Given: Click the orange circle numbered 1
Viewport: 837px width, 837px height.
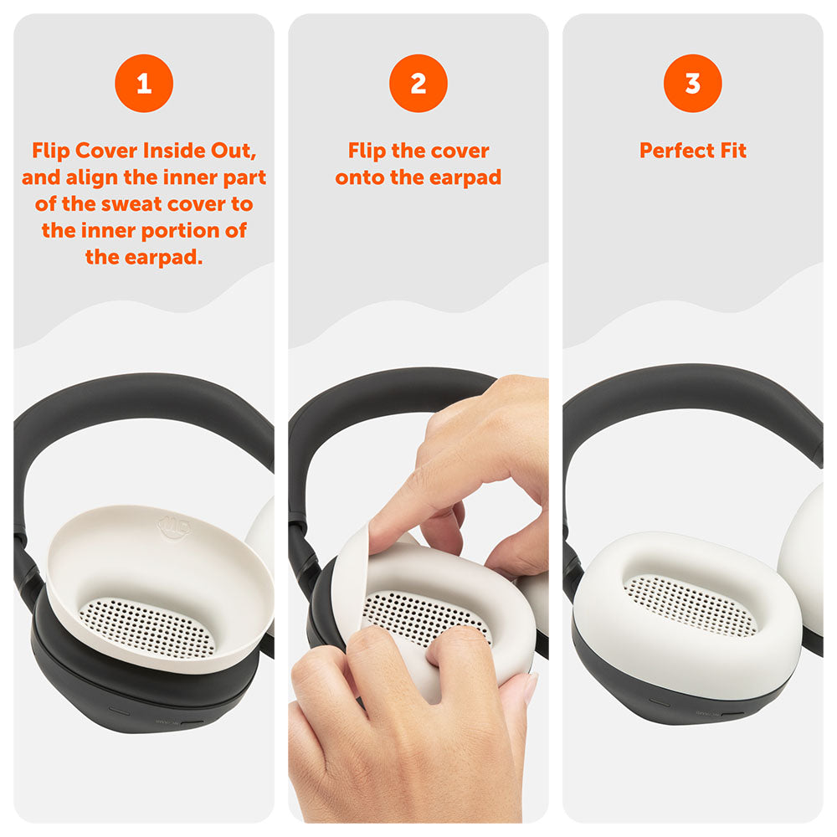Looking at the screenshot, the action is click(x=144, y=83).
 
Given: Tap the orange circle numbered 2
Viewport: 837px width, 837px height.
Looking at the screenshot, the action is click(x=418, y=83).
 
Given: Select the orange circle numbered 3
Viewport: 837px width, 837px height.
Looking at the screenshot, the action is click(x=693, y=83).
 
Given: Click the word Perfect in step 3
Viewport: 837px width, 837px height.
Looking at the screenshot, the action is click(x=677, y=151).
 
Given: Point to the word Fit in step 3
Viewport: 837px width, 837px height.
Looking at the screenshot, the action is click(x=733, y=151).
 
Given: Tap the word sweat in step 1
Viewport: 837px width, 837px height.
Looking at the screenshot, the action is click(x=133, y=204).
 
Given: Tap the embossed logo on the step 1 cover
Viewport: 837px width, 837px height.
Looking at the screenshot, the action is click(x=174, y=526).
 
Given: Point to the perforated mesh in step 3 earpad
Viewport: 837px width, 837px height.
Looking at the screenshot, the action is click(x=691, y=605).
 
